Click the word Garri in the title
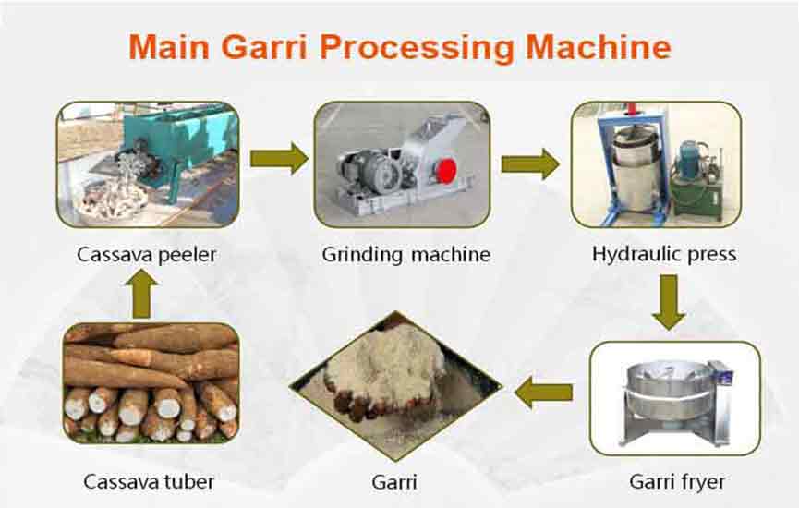(264, 47)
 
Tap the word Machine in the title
(599, 47)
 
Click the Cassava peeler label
(146, 255)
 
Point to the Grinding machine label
(406, 255)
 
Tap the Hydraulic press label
(664, 254)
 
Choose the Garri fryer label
(677, 481)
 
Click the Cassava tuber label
(149, 481)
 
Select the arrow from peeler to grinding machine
(279, 159)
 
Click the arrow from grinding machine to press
(530, 164)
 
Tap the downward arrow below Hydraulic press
(669, 302)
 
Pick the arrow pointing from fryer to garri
(543, 393)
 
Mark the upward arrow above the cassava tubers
(141, 294)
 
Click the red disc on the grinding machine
(446, 171)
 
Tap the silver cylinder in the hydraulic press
(636, 171)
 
